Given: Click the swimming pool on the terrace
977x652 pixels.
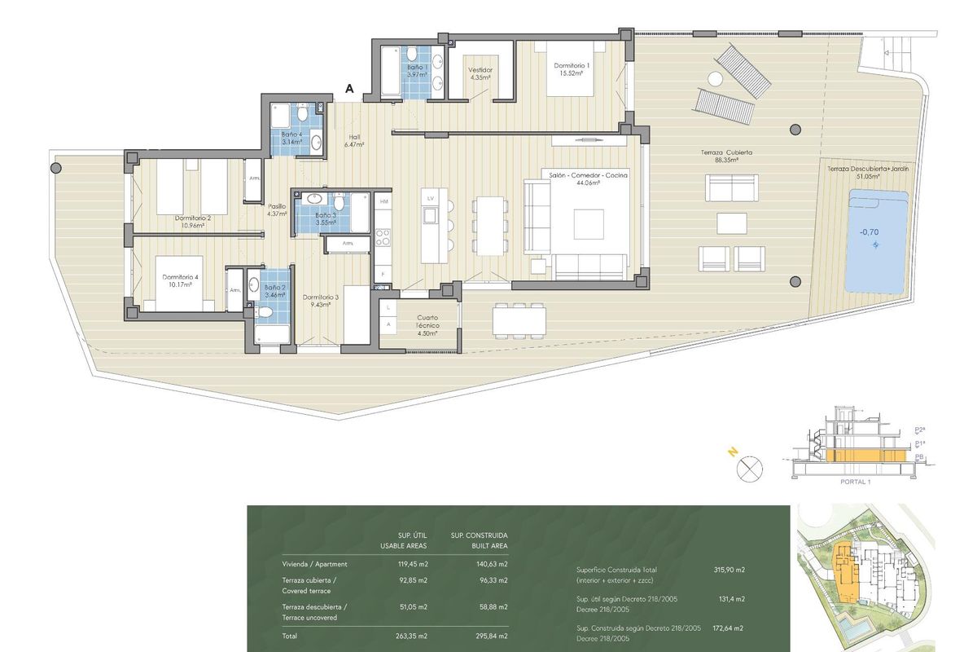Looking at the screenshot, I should click(877, 241).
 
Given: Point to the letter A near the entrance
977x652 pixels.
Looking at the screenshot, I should click(349, 89).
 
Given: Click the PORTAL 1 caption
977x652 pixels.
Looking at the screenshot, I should click(855, 482).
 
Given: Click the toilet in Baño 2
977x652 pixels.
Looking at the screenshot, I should click(266, 313).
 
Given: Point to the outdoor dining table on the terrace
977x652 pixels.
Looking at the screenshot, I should click(519, 319).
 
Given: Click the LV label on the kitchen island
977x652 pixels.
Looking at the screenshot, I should click(432, 198).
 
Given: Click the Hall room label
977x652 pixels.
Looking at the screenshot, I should click(353, 137).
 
